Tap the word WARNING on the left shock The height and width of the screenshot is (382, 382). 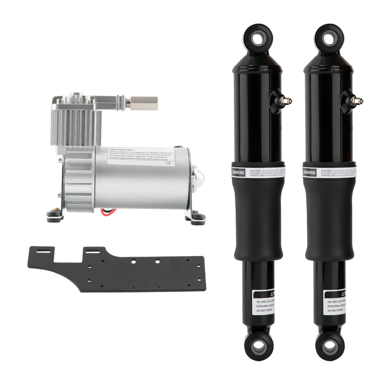244,173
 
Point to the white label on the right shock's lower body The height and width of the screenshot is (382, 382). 334,302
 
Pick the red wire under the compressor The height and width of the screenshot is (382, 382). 108,211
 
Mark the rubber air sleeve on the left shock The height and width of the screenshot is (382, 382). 259,222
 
